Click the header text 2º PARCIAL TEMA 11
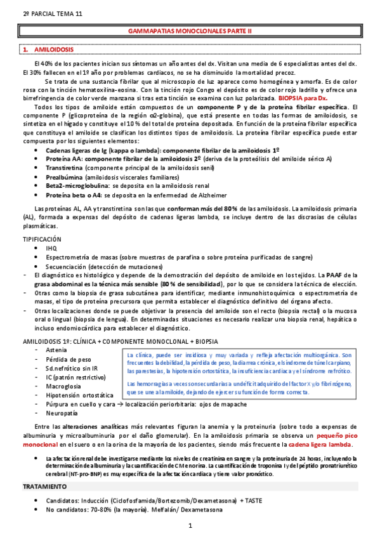pyautogui.click(x=38, y=13)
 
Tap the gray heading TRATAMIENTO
pyautogui.click(x=45, y=486)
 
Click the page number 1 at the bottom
pyautogui.click(x=190, y=527)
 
